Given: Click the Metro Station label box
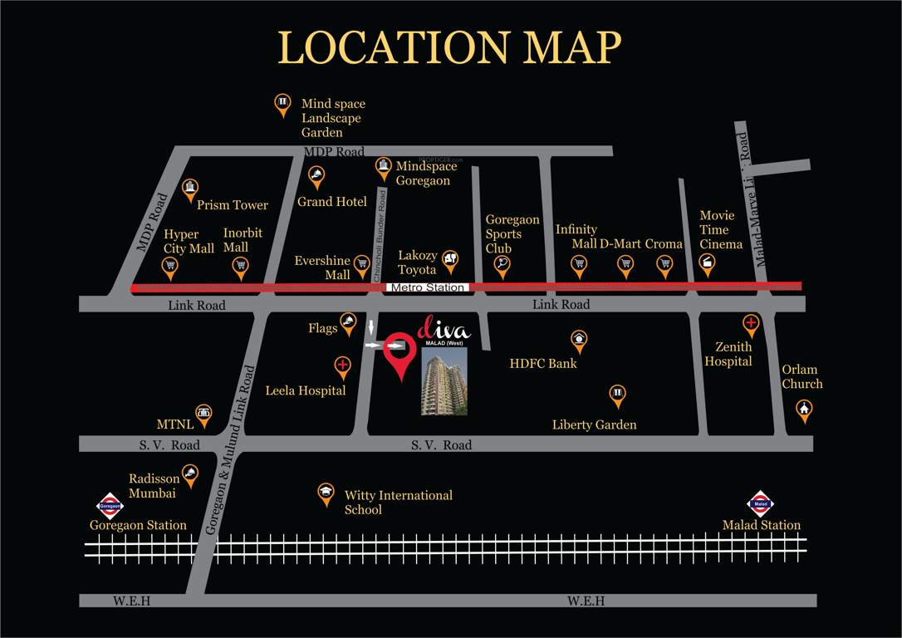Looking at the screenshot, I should pos(427,287).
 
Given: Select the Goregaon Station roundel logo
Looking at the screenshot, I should pos(110,504).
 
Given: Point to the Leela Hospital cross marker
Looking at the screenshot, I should pos(342,366).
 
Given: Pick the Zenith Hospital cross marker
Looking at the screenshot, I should pos(751,323).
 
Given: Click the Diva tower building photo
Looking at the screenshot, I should pos(444,380).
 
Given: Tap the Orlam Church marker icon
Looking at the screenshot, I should pos(803,409).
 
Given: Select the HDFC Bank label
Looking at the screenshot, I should pos(543,363).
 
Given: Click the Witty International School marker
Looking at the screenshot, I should pos(326,493).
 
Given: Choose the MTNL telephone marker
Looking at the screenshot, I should pos(203,413).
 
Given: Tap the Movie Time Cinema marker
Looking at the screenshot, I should pos(707,263).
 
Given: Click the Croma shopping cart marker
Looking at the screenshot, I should pos(664,264).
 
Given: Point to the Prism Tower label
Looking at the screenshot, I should pos(233,204).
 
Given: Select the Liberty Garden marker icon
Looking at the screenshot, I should pos(617,395).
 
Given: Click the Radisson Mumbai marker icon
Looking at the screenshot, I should pos(190,474).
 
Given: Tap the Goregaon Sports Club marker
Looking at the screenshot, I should pos(501,265).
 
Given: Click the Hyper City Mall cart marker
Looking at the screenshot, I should pos(170,267).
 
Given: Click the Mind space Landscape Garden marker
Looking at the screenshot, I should pos(282,104).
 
